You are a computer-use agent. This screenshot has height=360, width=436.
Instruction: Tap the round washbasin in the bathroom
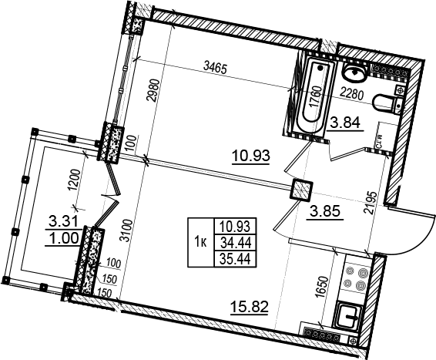coord(354,72)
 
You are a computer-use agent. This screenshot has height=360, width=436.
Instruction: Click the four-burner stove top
coord(356,278)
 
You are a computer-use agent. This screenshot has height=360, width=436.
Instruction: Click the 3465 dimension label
coord(216,68)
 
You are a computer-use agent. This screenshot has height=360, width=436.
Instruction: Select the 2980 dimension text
coord(153,91)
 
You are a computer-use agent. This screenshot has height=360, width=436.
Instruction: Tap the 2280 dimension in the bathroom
coord(352,95)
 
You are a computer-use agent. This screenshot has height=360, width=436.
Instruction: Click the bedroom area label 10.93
coord(251,156)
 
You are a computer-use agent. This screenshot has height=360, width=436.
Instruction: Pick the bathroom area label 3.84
coord(345,123)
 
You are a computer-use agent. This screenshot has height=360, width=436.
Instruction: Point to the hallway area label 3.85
coord(325,212)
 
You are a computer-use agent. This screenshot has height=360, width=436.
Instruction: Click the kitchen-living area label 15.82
coord(250,307)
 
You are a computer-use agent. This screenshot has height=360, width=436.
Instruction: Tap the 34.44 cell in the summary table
coord(236,244)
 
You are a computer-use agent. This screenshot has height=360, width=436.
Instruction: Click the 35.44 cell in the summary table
coord(236,259)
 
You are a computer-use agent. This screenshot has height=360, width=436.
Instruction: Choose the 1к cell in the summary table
coord(201,242)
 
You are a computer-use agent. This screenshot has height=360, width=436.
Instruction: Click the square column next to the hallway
coord(301,190)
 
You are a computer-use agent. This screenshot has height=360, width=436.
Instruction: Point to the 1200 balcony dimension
coord(75,180)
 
